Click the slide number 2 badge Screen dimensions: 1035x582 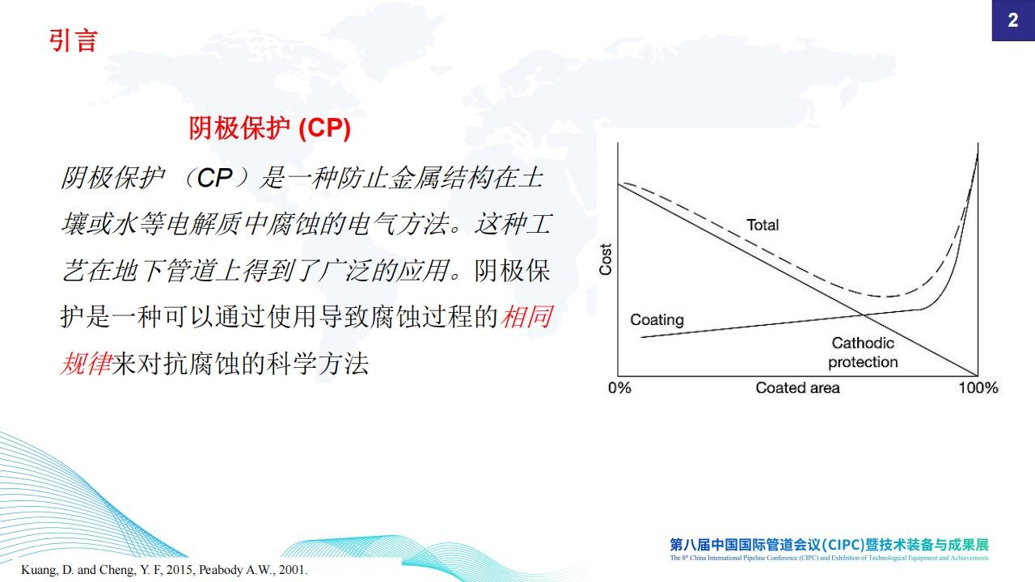1013,20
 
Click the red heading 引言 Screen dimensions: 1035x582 73,40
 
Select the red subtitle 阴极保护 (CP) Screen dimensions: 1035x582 270,128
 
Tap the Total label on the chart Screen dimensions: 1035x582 763,225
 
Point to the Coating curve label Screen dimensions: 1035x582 657,319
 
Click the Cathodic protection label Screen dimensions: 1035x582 863,352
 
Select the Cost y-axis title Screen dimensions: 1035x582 606,259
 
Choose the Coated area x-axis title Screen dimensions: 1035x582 797,387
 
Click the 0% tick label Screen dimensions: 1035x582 619,387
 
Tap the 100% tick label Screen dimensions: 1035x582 978,387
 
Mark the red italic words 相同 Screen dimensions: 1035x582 527,317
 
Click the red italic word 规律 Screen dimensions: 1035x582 87,364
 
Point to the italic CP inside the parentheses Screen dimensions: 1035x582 214,179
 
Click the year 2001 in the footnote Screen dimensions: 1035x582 292,570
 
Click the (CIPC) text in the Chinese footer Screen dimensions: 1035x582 839,545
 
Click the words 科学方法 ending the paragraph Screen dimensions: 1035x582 318,364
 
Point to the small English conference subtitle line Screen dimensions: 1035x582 830,558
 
